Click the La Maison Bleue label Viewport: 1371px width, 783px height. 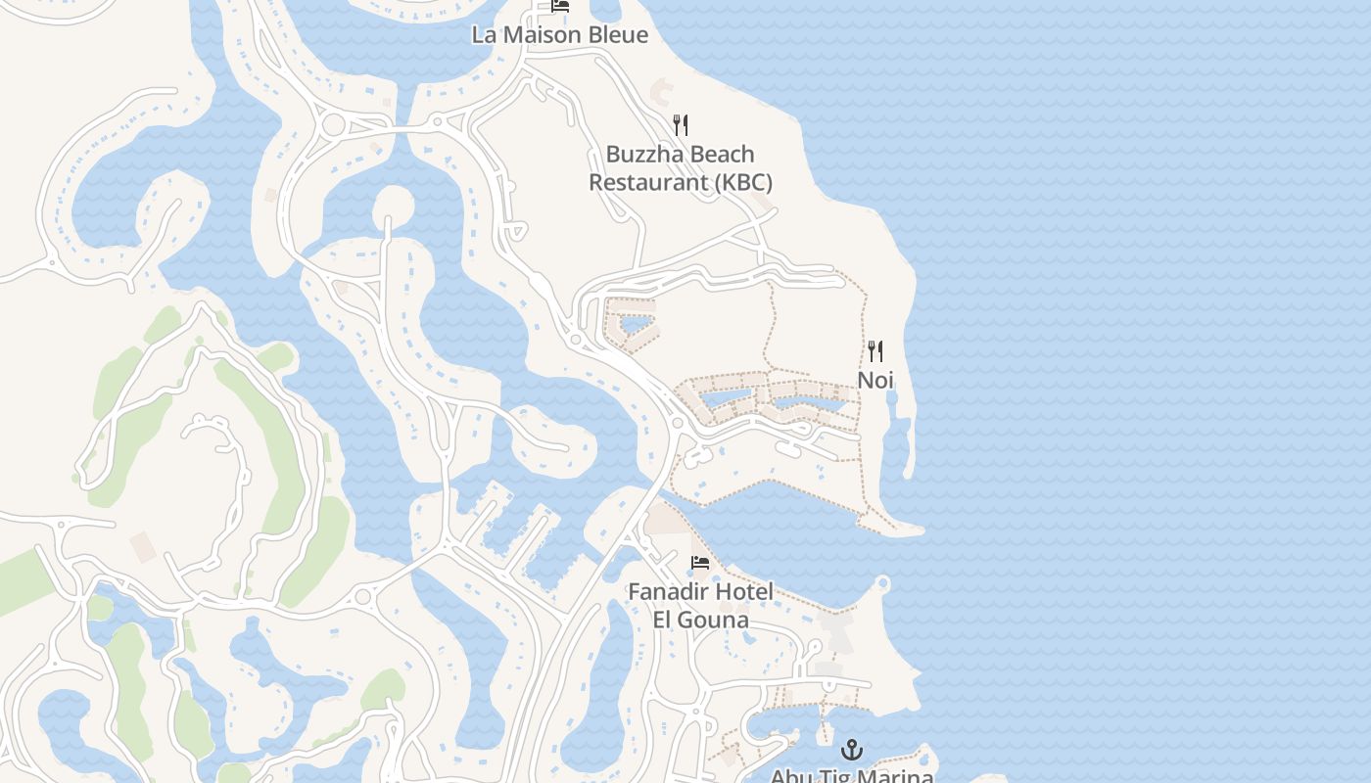pos(559,35)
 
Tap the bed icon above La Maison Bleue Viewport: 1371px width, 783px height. pos(560,6)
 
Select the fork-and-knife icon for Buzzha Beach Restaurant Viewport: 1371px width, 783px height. pos(681,125)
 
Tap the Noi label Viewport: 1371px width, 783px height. pos(875,380)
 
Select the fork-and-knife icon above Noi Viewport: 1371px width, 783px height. pos(875,351)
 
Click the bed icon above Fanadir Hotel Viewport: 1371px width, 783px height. pos(700,563)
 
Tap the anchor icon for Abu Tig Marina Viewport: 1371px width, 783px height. pos(852,751)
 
